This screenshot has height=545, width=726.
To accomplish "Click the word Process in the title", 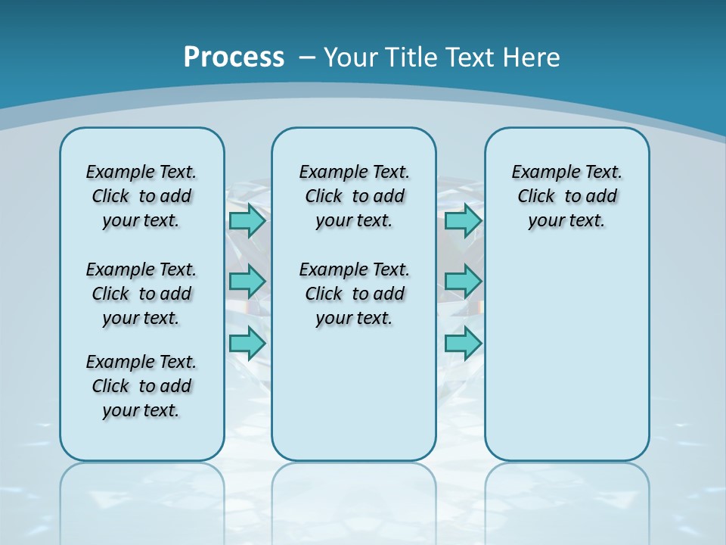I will [234, 58].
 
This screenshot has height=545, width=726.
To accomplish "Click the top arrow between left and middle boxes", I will [247, 221].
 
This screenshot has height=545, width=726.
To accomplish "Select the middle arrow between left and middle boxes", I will [247, 282].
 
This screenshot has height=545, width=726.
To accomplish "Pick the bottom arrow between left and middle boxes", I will [247, 343].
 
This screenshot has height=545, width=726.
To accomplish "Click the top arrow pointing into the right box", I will [463, 221].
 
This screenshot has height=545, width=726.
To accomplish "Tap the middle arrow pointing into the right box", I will [463, 282].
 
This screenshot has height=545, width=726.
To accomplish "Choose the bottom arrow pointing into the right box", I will [463, 343].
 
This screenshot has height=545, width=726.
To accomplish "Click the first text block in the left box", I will [141, 196].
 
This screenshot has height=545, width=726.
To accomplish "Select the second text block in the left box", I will [141, 294].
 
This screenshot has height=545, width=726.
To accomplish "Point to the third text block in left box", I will [141, 386].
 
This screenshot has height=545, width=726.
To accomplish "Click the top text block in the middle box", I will [354, 196].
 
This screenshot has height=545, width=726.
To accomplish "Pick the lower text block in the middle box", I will [354, 294].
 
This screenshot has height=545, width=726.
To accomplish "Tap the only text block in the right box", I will [566, 196].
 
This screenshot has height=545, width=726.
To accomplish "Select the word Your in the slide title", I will [351, 58].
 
